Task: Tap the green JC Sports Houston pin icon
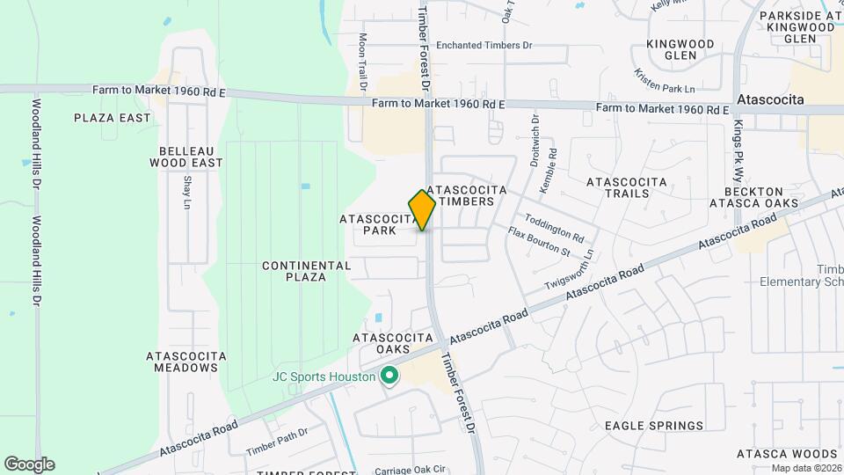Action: pyautogui.click(x=389, y=377)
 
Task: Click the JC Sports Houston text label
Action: pyautogui.click(x=323, y=377)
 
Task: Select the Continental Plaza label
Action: pyautogui.click(x=295, y=270)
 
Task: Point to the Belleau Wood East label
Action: pyautogui.click(x=186, y=157)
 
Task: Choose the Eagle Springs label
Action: pyautogui.click(x=654, y=426)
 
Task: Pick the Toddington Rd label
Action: pyautogui.click(x=554, y=228)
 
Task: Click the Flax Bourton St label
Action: pyautogui.click(x=540, y=243)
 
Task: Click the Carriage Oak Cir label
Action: pyautogui.click(x=411, y=471)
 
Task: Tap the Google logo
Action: pyautogui.click(x=29, y=464)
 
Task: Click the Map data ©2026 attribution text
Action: pyautogui.click(x=806, y=468)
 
